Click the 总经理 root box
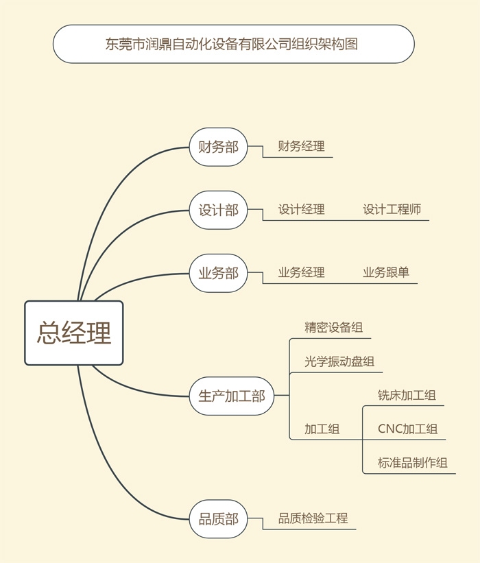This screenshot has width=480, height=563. click(74, 333)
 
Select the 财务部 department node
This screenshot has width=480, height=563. click(218, 147)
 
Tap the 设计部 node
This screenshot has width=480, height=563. click(218, 210)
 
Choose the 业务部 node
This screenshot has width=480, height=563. click(218, 273)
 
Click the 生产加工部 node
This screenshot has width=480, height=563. click(232, 396)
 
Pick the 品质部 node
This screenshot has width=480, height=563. click(218, 519)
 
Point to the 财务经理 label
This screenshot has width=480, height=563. click(301, 146)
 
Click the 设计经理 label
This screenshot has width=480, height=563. click(301, 209)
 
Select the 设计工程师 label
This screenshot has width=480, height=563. click(392, 209)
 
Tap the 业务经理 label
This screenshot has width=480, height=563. click(301, 272)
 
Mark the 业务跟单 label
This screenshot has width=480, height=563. click(386, 272)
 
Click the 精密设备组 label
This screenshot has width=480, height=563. click(333, 328)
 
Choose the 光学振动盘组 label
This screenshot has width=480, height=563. click(339, 361)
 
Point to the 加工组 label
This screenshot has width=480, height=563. click(322, 429)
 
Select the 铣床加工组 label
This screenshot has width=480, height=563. click(407, 395)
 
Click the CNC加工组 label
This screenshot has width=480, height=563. click(407, 429)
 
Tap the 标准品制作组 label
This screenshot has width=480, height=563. click(413, 463)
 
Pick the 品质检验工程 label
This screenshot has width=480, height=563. click(313, 518)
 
